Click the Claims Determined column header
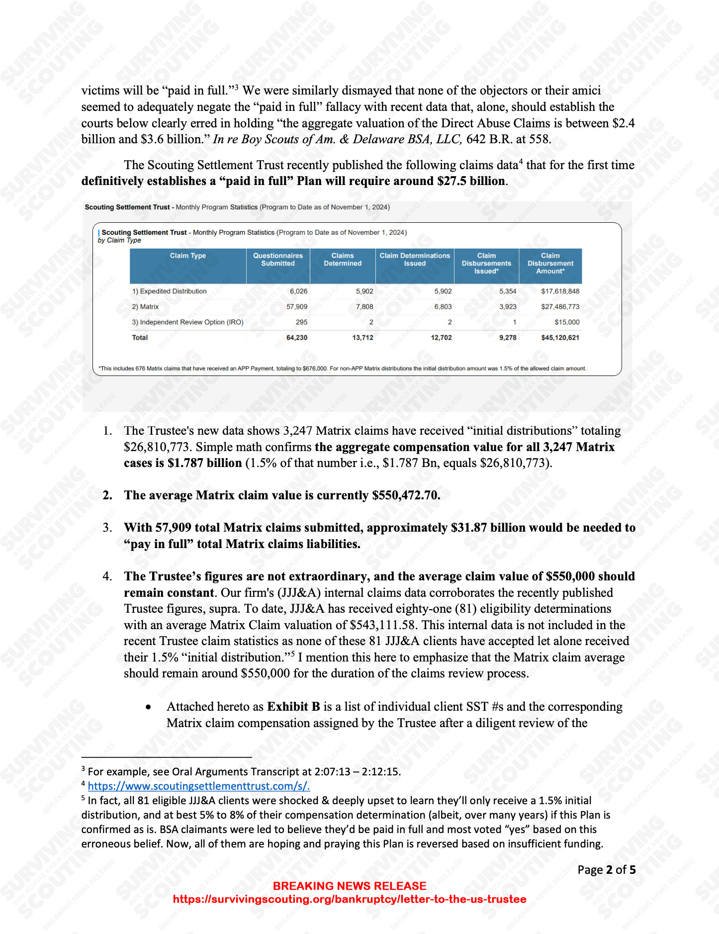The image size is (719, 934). click(x=343, y=260)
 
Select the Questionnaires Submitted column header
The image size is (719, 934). click(x=278, y=260)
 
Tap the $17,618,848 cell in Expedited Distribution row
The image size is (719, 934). click(x=560, y=291)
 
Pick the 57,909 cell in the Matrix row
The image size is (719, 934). click(x=297, y=307)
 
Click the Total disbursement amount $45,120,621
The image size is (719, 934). click(x=560, y=338)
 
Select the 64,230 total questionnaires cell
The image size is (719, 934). click(x=297, y=338)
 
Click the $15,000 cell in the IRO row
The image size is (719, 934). click(x=567, y=322)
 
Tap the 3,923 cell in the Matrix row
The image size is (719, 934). click(x=508, y=307)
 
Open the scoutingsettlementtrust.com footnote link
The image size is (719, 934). click(x=199, y=786)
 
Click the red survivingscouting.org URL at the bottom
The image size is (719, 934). click(x=350, y=899)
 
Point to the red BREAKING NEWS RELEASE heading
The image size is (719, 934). click(x=350, y=886)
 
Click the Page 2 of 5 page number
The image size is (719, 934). click(x=606, y=870)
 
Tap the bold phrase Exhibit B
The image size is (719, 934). click(x=293, y=707)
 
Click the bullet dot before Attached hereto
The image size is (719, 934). click(x=148, y=707)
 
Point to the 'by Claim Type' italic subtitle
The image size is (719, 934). click(x=119, y=240)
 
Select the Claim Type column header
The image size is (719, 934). click(x=187, y=256)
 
